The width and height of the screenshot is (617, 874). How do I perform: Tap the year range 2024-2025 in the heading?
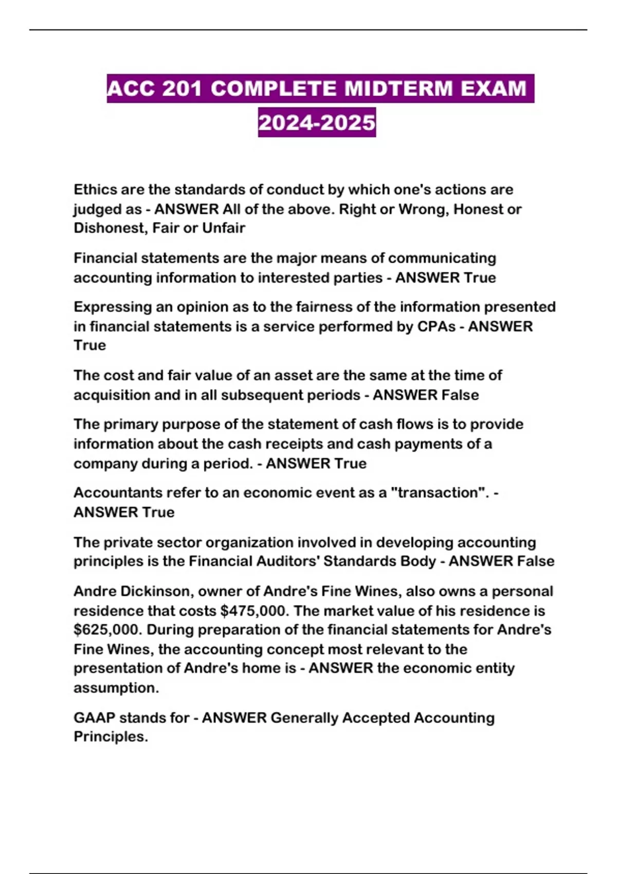(317, 122)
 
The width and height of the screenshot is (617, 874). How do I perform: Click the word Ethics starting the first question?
(95, 190)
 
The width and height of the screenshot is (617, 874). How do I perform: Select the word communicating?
(442, 258)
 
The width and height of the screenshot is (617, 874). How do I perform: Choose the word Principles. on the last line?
(111, 737)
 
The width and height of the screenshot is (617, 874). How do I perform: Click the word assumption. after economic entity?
(116, 688)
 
